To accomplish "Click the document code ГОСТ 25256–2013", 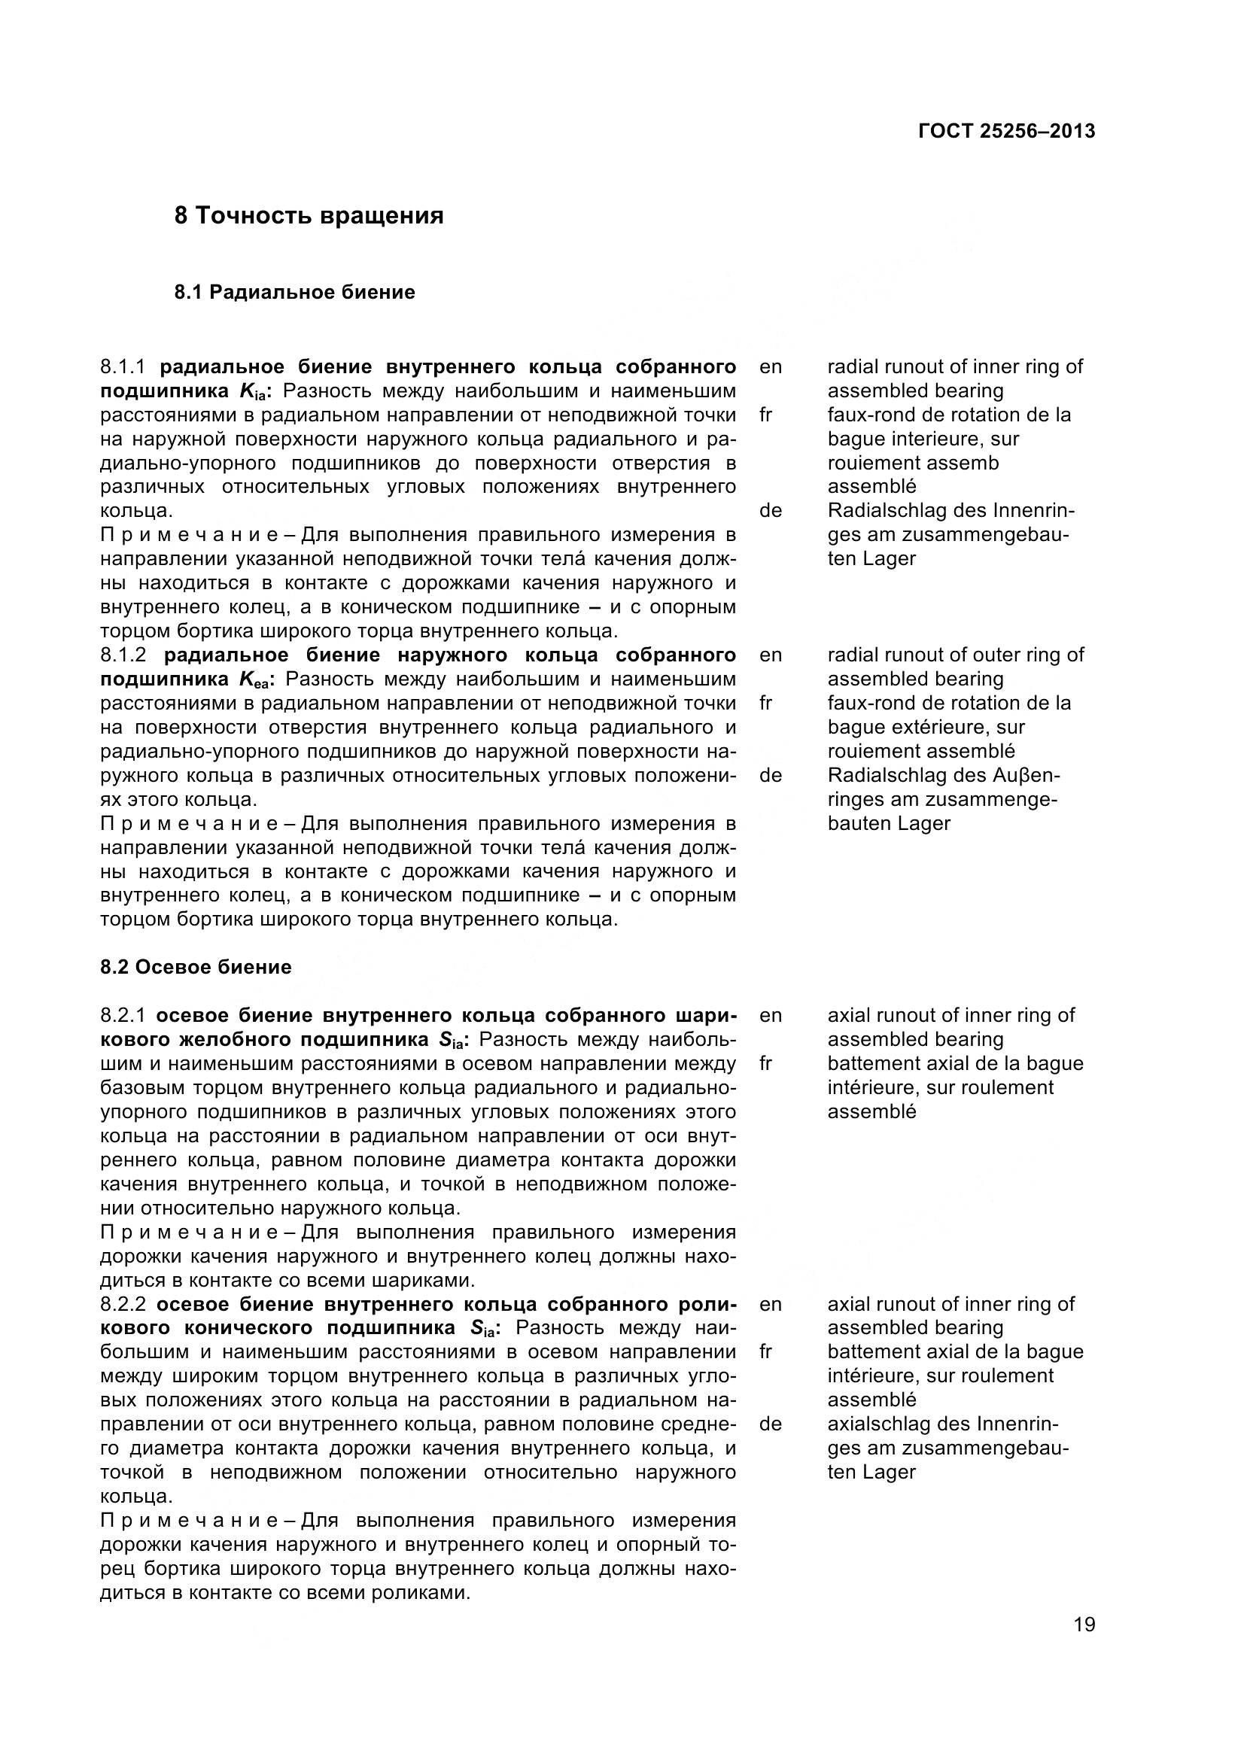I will tap(1005, 131).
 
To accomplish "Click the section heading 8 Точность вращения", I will tap(309, 215).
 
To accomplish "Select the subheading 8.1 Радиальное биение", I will tap(294, 292).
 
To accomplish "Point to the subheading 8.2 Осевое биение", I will tap(196, 967).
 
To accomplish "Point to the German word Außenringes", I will tap(1027, 775).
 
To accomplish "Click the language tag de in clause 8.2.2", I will tap(771, 1424).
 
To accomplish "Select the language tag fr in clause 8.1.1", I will tap(765, 415).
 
